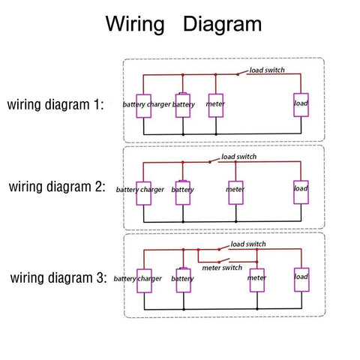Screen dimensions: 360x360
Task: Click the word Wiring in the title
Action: [x=135, y=24]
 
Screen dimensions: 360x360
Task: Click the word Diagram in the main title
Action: [x=223, y=24]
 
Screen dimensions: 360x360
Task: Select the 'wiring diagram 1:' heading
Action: [x=55, y=105]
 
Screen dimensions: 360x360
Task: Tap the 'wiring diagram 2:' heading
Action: [x=57, y=187]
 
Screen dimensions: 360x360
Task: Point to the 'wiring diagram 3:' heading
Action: [x=58, y=278]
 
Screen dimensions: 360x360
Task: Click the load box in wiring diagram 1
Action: [x=301, y=105]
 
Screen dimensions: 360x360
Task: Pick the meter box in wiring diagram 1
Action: [x=216, y=106]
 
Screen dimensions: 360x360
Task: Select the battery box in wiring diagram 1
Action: [x=183, y=106]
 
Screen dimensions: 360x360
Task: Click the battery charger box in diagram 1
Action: [x=143, y=106]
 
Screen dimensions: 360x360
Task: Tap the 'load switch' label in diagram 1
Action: [x=267, y=70]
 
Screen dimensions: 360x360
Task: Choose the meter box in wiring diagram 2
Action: [x=235, y=193]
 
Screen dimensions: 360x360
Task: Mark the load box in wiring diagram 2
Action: [x=301, y=192]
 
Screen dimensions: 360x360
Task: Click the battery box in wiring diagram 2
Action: [x=183, y=193]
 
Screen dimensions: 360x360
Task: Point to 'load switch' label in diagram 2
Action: [x=239, y=157]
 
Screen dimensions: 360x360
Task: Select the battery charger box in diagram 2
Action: [x=143, y=193]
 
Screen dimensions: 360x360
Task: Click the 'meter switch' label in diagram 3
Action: [x=222, y=268]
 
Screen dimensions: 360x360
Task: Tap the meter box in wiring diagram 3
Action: [x=257, y=280]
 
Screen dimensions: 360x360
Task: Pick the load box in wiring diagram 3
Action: [x=301, y=280]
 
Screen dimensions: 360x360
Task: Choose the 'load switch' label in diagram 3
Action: [x=248, y=244]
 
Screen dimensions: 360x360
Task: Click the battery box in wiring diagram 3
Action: [x=183, y=280]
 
